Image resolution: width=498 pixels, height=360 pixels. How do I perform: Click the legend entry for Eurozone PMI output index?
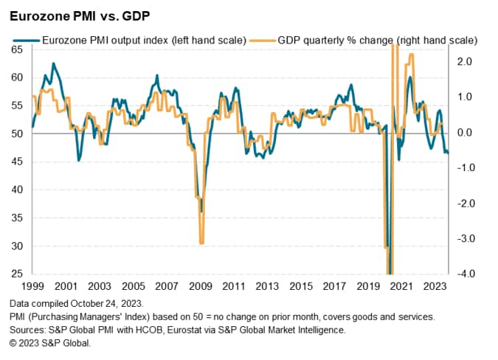133,39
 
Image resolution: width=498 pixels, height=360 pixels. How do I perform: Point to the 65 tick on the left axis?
16,49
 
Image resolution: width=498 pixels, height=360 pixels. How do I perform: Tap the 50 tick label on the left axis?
16,134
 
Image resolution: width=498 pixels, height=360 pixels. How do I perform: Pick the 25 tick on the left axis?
16,274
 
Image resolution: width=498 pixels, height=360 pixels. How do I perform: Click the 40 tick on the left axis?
16,190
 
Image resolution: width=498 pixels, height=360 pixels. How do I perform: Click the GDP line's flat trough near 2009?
201,240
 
